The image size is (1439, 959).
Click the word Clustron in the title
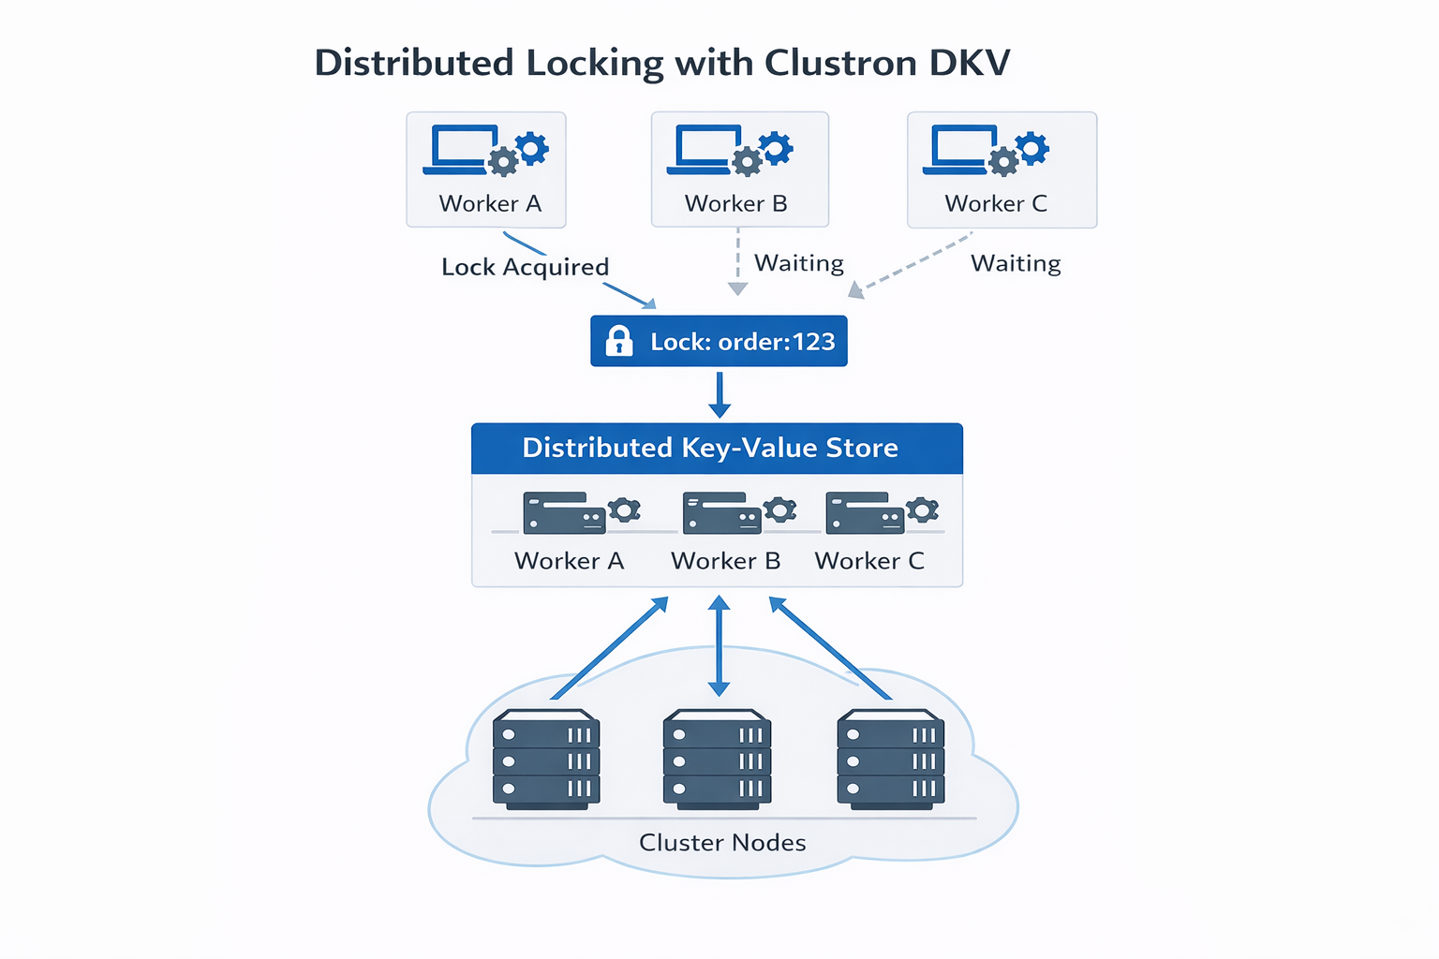pyautogui.click(x=840, y=63)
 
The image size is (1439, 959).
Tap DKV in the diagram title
pyautogui.click(x=970, y=63)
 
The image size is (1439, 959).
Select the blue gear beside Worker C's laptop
pyautogui.click(x=1031, y=148)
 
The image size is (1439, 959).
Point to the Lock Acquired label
pyautogui.click(x=525, y=267)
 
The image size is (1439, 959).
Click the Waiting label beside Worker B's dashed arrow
pyautogui.click(x=799, y=263)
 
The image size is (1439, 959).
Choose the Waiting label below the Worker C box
pyautogui.click(x=1016, y=263)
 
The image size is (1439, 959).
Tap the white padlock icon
pyautogui.click(x=619, y=341)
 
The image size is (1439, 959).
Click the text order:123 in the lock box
pyautogui.click(x=777, y=342)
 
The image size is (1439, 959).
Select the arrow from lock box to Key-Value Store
pyautogui.click(x=719, y=394)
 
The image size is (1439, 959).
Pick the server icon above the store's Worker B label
pyautogui.click(x=722, y=513)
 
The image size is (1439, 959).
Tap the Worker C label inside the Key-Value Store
pyautogui.click(x=869, y=561)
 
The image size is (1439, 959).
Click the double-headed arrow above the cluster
pyautogui.click(x=719, y=646)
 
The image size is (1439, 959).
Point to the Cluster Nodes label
pyautogui.click(x=722, y=843)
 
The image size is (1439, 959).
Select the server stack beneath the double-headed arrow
pyautogui.click(x=718, y=760)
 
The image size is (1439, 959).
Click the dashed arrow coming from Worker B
pyautogui.click(x=738, y=261)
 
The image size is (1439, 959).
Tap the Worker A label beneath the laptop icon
pyautogui.click(x=490, y=203)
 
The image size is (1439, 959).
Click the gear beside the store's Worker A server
pyautogui.click(x=624, y=509)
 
